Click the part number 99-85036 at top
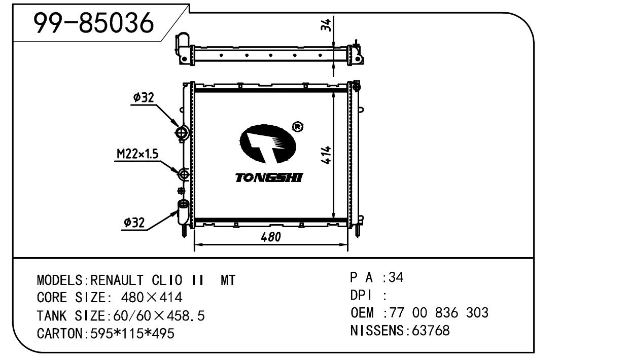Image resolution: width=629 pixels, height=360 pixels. pyautogui.click(x=93, y=22)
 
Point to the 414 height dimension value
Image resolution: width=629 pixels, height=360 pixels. pyautogui.click(x=327, y=155)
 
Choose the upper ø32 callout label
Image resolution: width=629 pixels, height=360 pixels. pyautogui.click(x=144, y=98)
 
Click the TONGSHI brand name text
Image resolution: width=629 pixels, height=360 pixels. pyautogui.click(x=269, y=177)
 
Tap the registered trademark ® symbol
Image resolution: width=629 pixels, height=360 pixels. pyautogui.click(x=298, y=127)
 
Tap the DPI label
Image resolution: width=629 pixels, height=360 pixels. pyautogui.click(x=361, y=295)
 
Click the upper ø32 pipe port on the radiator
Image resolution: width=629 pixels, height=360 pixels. pyautogui.click(x=182, y=133)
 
